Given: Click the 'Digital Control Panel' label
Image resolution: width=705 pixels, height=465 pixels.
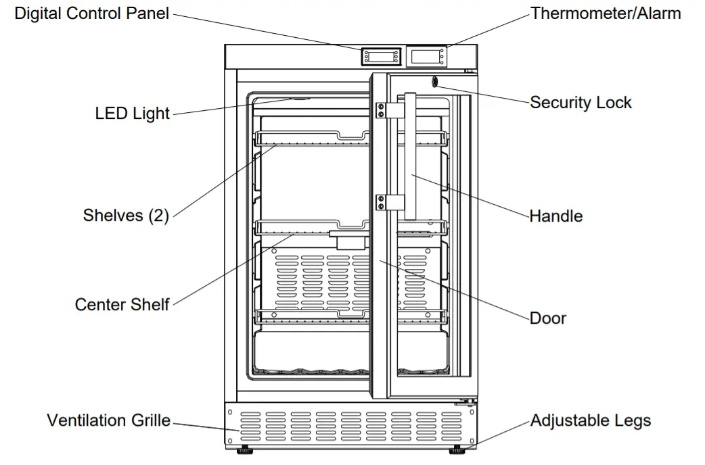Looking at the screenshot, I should click(92, 14).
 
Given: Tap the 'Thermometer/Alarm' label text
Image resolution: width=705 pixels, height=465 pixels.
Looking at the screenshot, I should click(606, 14).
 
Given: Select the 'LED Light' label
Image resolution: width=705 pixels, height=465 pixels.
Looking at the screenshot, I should click(132, 113).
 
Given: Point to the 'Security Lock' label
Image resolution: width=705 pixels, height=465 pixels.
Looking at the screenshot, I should click(581, 103).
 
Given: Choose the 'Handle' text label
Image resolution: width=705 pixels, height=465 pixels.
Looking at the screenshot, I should click(555, 216).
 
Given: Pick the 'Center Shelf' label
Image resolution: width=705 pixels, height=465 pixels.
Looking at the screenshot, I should click(122, 305).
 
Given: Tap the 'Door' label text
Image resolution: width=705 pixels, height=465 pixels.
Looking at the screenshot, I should click(548, 318).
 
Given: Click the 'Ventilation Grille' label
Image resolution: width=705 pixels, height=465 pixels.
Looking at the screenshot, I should click(108, 420).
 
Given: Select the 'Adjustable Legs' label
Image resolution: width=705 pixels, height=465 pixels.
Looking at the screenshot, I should click(590, 420).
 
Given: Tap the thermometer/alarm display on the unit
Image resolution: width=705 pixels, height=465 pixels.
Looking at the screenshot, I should click(426, 57).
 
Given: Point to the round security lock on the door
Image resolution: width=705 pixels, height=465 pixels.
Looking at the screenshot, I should click(434, 82).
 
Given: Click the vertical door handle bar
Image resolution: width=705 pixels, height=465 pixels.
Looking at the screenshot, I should click(409, 155).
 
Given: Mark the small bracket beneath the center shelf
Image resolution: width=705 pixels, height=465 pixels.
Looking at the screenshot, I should click(350, 241).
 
